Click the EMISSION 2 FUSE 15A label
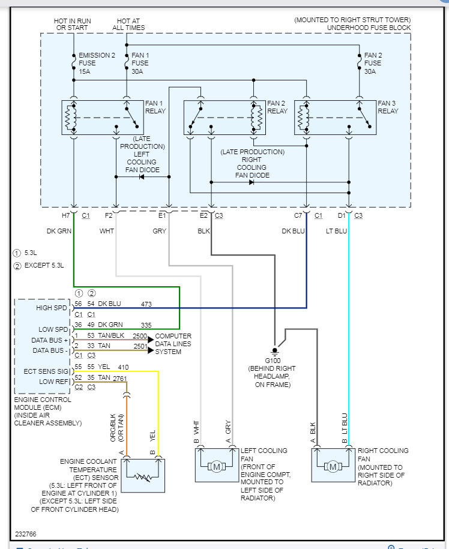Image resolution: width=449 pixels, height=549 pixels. (96, 63)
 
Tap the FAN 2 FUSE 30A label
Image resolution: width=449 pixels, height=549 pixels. (372, 63)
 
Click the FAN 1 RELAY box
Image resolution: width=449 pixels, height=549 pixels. (102, 117)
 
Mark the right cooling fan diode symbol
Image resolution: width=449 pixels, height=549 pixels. (250, 182)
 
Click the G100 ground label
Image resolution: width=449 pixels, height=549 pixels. (275, 360)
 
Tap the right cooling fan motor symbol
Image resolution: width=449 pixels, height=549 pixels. (332, 467)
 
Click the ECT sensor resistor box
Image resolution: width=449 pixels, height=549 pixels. (143, 475)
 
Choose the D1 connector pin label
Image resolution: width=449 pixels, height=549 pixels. (342, 214)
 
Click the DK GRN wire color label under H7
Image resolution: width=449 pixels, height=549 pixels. (60, 231)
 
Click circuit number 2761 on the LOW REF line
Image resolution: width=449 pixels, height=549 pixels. (120, 379)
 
